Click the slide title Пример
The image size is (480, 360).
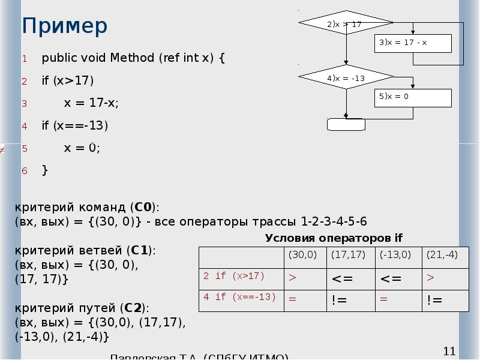click(65, 26)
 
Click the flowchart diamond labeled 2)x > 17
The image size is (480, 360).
click(346, 25)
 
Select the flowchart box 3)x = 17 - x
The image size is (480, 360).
click(414, 43)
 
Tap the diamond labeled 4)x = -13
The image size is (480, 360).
click(346, 78)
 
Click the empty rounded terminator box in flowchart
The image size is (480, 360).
click(346, 124)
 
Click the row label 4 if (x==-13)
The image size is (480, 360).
click(239, 298)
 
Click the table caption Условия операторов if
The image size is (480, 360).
click(334, 238)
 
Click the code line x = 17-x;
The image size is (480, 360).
click(91, 103)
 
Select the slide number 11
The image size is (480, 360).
click(449, 351)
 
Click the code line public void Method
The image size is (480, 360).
click(133, 58)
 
